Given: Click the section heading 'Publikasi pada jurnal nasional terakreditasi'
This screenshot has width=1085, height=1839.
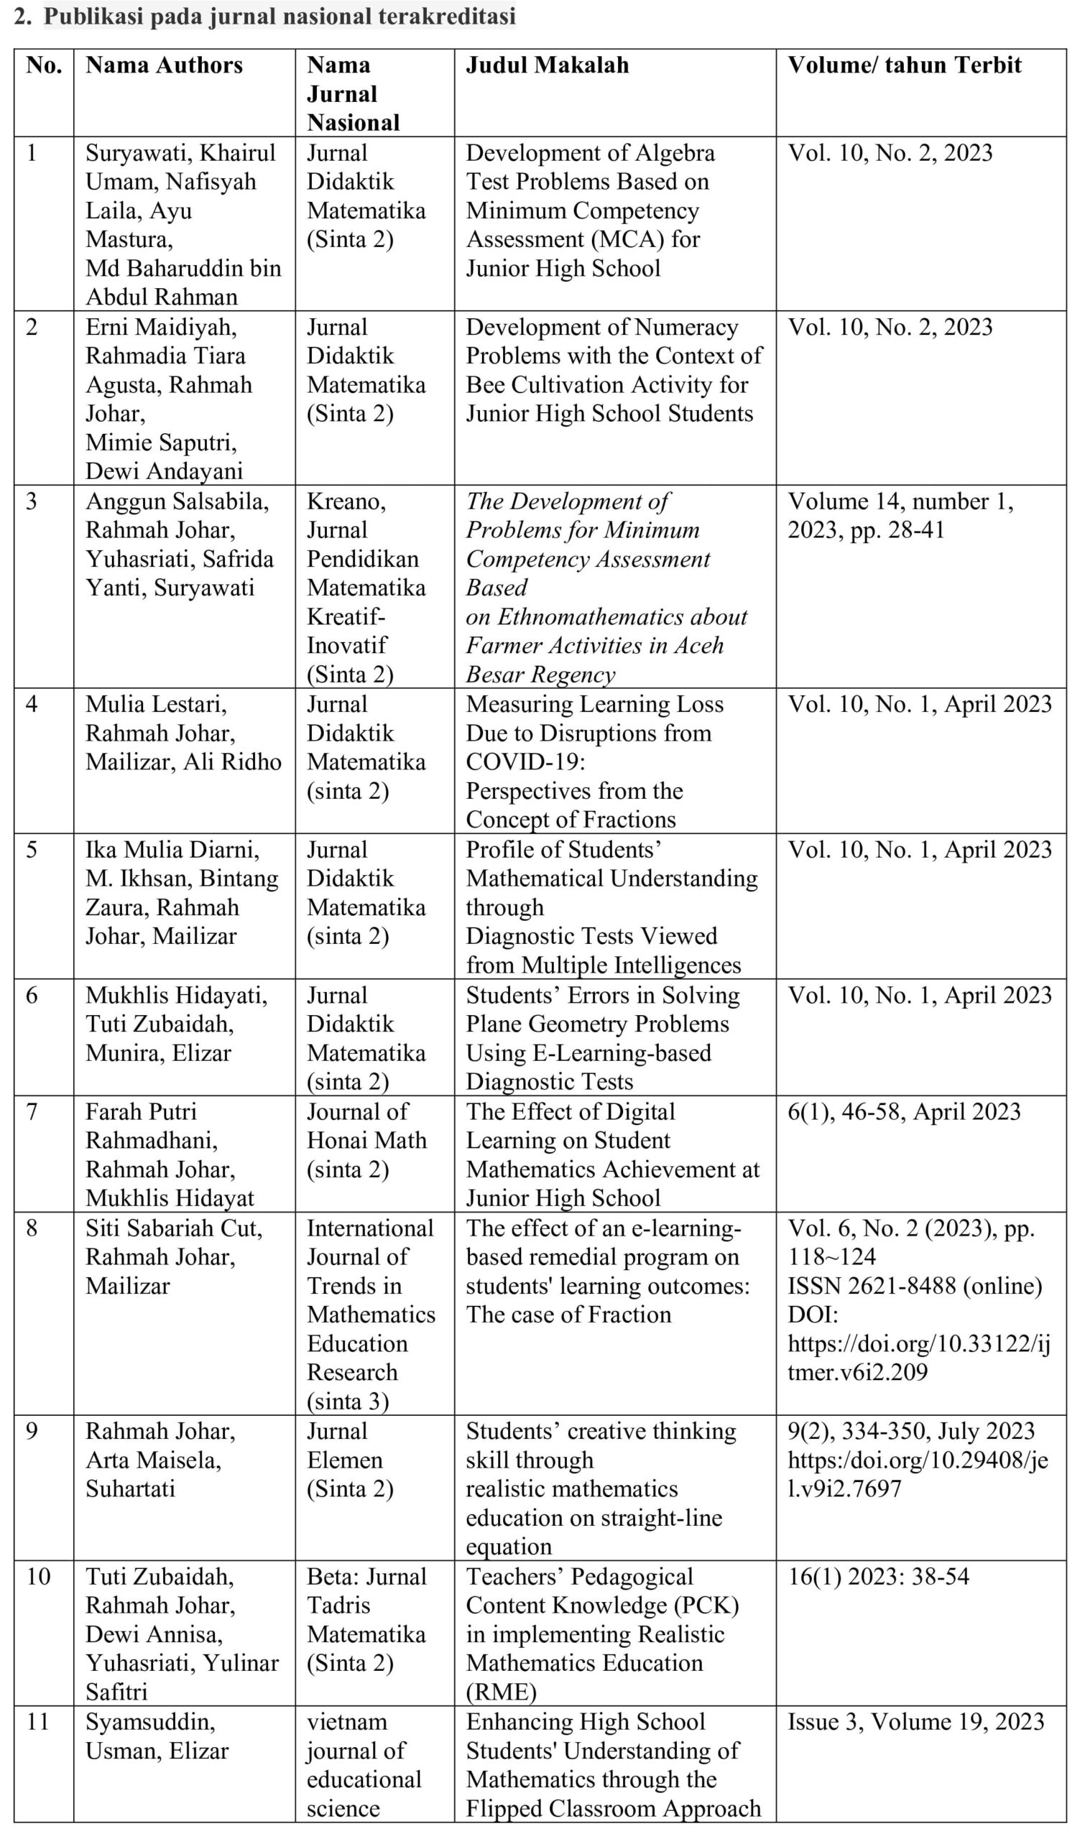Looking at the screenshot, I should tap(280, 17).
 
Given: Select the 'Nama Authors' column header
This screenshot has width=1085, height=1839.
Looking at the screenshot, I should tap(164, 65).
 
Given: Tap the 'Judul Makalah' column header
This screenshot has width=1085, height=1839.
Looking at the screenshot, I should tap(547, 65).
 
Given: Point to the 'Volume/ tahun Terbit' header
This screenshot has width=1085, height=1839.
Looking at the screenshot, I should tap(904, 65).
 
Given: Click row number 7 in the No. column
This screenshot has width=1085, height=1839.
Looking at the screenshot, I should tap(32, 1112).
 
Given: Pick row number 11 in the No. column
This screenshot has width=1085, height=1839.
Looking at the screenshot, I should tap(37, 1722).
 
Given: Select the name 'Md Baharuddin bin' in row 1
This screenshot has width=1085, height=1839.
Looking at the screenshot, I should tap(183, 268).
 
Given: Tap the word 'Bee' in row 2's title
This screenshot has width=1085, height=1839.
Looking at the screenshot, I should tap(484, 384).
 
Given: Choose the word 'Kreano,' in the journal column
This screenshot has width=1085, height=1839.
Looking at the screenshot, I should tap(346, 501).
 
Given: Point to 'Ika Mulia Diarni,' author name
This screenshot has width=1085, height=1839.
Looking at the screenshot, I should tap(172, 849).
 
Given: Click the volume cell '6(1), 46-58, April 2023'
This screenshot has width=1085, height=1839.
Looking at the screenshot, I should tap(904, 1112).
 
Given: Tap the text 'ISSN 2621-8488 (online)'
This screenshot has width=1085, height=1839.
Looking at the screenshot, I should tap(914, 1286).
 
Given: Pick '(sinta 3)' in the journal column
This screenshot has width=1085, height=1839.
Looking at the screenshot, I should tap(347, 1402).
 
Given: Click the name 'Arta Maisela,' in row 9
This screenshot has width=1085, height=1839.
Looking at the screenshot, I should tap(153, 1460).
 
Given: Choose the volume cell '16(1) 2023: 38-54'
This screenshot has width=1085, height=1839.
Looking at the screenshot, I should tap(878, 1577).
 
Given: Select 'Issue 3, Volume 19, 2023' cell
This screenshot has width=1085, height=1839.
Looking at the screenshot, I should tap(915, 1722).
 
